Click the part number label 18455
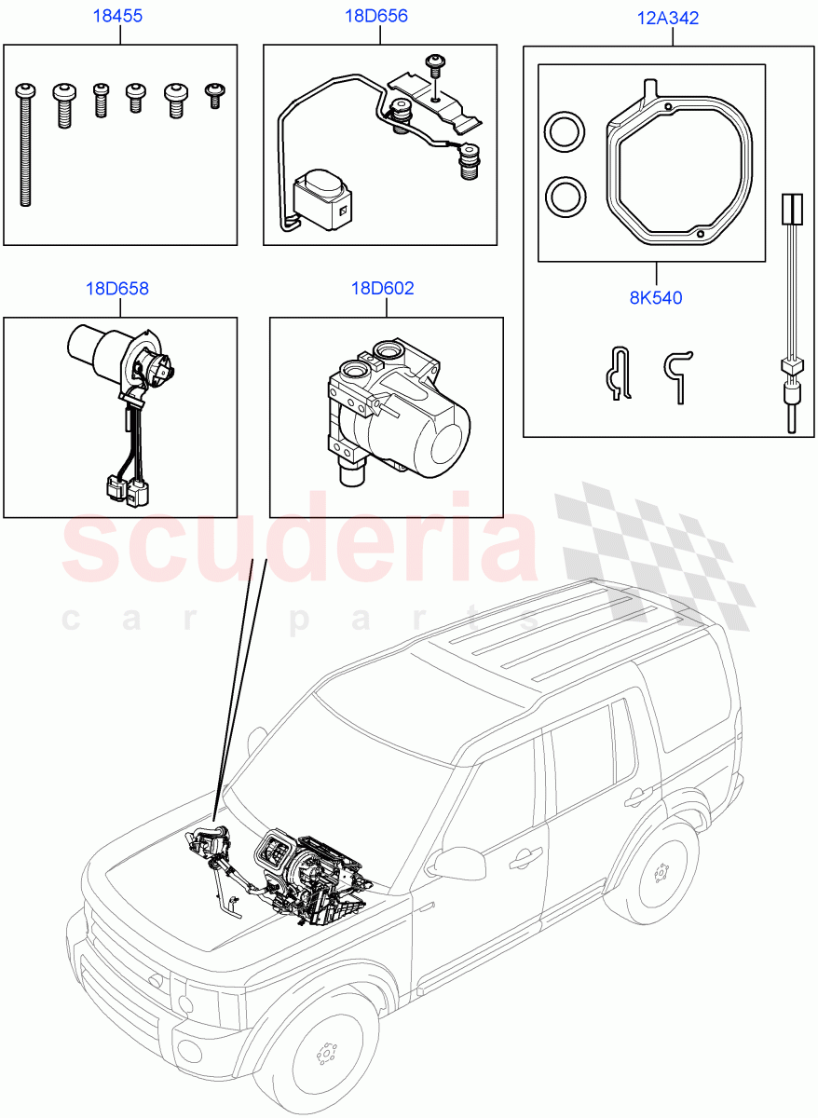coord(116,17)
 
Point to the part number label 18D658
coord(116,288)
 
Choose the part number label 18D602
coord(382,288)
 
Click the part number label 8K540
coord(657,298)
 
